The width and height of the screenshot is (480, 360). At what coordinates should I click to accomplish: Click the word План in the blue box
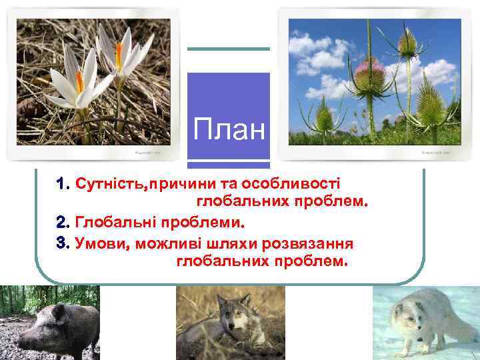pyautogui.click(x=229, y=129)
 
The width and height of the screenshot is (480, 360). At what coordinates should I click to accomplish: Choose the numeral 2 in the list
pyautogui.click(x=62, y=220)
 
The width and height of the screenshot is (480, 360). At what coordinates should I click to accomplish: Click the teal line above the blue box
pyautogui.click(x=228, y=49)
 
